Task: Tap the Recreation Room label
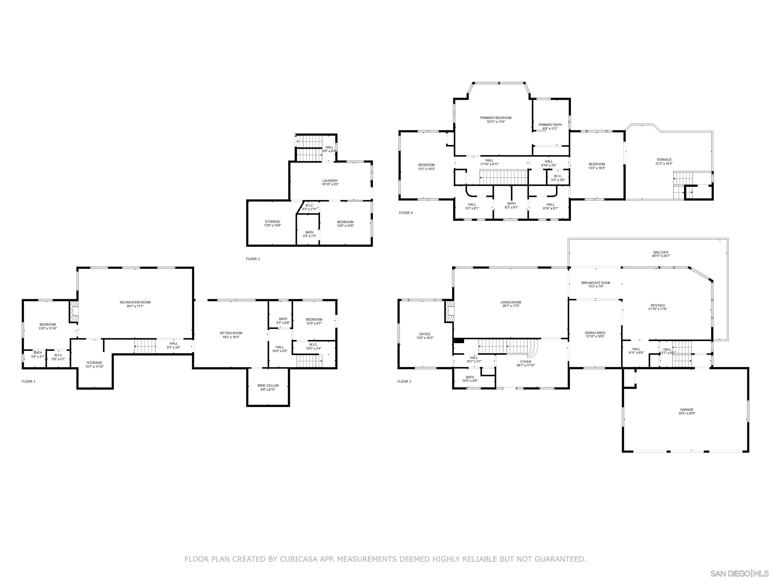coord(135,302)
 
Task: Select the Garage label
coord(687,410)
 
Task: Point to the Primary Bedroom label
coord(496,118)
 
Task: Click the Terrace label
coord(664,160)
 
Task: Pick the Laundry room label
coord(330,181)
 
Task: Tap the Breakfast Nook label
coord(596,283)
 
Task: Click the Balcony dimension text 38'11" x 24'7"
coord(661,256)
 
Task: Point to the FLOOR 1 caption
coord(29,381)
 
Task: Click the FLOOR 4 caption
coord(406,213)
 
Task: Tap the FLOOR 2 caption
coord(253,259)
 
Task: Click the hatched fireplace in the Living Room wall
coord(449,312)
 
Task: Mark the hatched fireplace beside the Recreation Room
coord(74,312)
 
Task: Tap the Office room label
coord(425,334)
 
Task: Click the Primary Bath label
coord(550,125)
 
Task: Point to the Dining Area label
coord(595,333)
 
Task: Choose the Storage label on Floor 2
coord(273,222)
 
